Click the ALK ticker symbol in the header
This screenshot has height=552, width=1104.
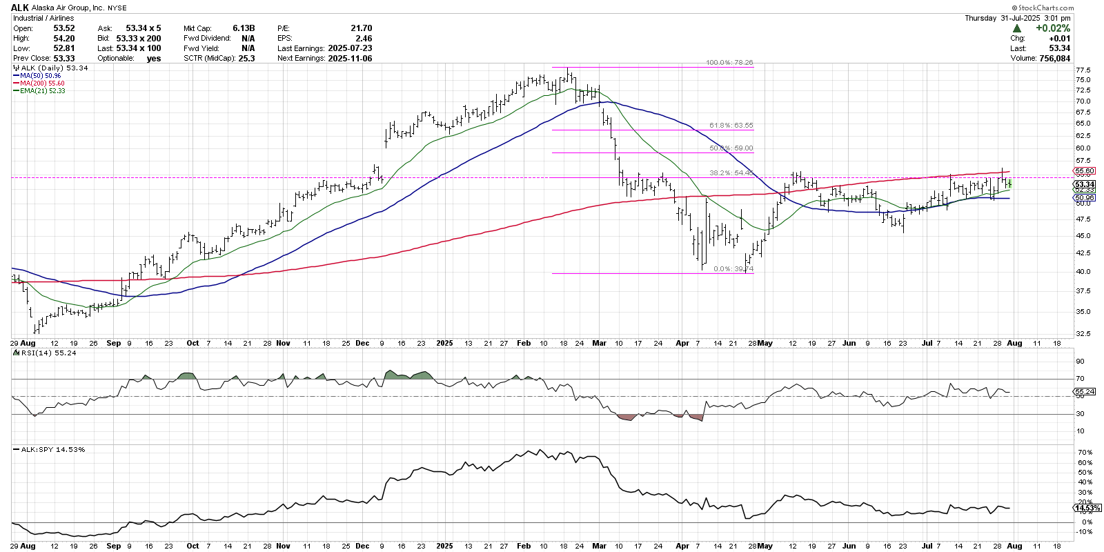click(x=19, y=8)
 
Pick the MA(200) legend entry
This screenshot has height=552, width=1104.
click(x=42, y=83)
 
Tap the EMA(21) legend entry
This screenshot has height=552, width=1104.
click(x=42, y=91)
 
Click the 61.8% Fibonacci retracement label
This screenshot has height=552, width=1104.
click(x=731, y=126)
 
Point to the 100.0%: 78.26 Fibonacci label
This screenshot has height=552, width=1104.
click(x=729, y=63)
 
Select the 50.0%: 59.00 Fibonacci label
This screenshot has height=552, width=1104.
click(x=731, y=148)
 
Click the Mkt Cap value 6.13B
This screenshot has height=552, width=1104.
click(x=244, y=28)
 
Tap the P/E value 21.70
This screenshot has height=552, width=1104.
click(x=361, y=28)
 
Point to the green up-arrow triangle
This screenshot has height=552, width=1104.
click(x=1017, y=28)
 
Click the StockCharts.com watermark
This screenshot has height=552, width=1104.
click(x=1043, y=8)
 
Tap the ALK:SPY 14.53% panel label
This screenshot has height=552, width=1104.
click(x=52, y=450)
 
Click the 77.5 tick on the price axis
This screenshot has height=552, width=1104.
click(x=1083, y=70)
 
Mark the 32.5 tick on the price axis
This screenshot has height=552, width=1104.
click(x=1083, y=334)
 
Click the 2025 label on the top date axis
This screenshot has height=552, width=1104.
click(x=444, y=343)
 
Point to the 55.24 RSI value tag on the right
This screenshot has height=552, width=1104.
click(x=1085, y=392)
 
